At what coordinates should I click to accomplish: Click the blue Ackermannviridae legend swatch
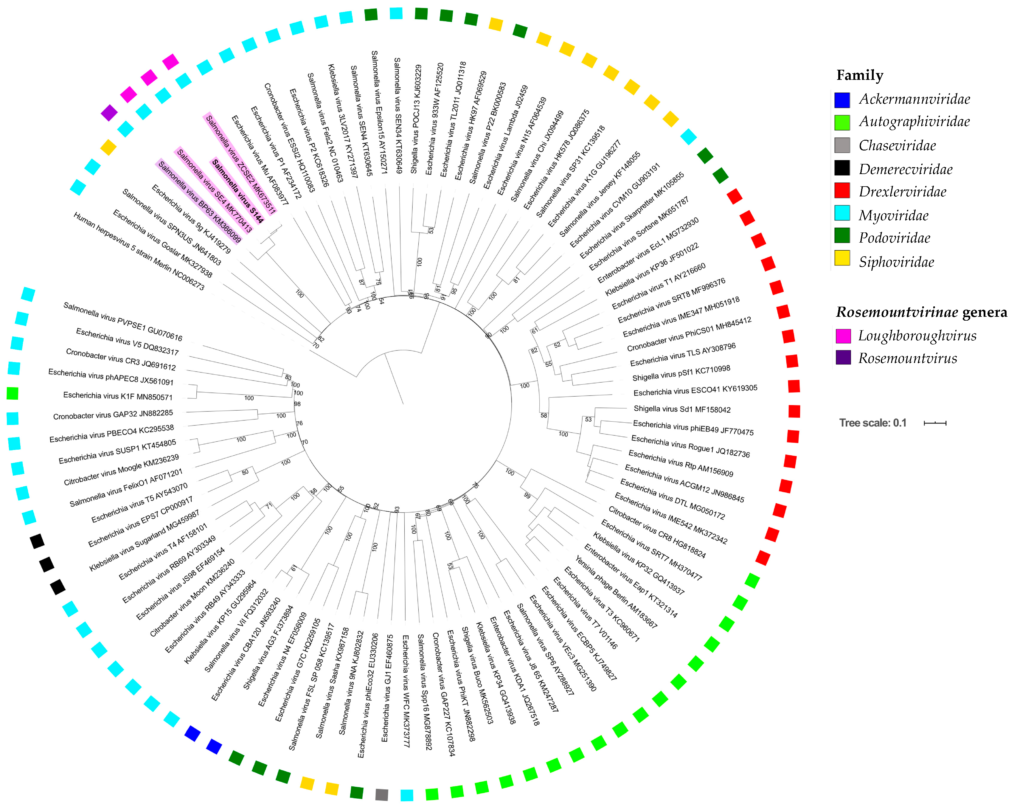point(842,100)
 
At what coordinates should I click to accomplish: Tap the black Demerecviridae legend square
point(842,168)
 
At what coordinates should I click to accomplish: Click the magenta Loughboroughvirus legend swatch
point(843,336)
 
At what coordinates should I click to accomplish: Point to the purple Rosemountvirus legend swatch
point(843,358)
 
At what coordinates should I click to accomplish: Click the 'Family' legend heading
point(859,75)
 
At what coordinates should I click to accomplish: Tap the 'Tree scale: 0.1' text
point(873,423)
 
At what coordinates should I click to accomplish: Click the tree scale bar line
point(935,423)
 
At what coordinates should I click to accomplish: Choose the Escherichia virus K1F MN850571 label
point(118,396)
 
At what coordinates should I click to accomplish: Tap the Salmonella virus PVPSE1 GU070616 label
point(123,322)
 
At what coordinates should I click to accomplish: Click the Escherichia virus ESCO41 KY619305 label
point(695,390)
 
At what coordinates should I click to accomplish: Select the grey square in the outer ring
point(382,794)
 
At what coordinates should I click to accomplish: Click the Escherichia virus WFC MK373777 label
point(406,691)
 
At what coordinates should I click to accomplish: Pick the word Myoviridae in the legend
point(893,215)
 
